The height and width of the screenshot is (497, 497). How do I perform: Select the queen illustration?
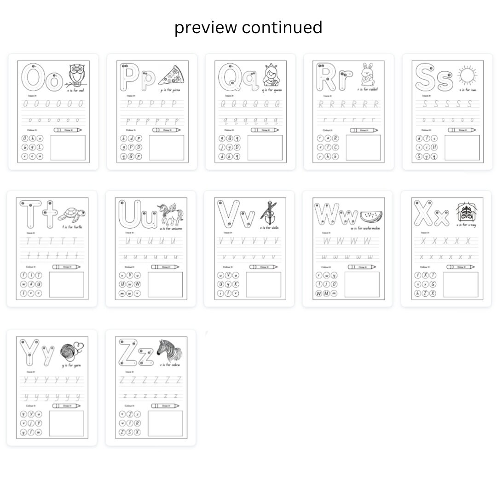point(272,75)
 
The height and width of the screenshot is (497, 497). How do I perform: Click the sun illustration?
point(467,75)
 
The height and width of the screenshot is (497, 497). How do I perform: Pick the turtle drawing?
point(74,214)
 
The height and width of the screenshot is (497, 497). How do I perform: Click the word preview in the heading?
point(206,28)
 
